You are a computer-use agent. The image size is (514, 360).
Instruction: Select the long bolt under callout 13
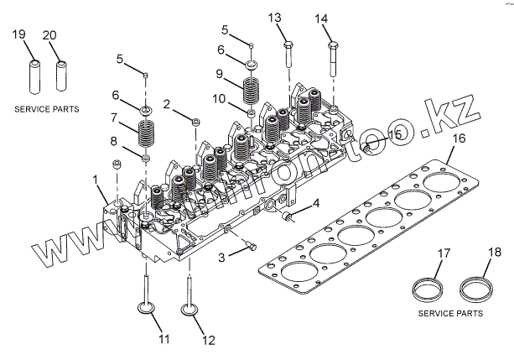pyautogui.click(x=288, y=57)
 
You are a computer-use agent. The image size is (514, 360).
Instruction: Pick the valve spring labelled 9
pyautogui.click(x=251, y=89)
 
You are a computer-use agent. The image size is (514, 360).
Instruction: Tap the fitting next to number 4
pyautogui.click(x=289, y=217)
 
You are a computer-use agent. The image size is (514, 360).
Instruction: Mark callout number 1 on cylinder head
pyautogui.click(x=96, y=179)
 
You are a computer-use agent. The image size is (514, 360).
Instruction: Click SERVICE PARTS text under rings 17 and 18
pyautogui.click(x=451, y=313)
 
